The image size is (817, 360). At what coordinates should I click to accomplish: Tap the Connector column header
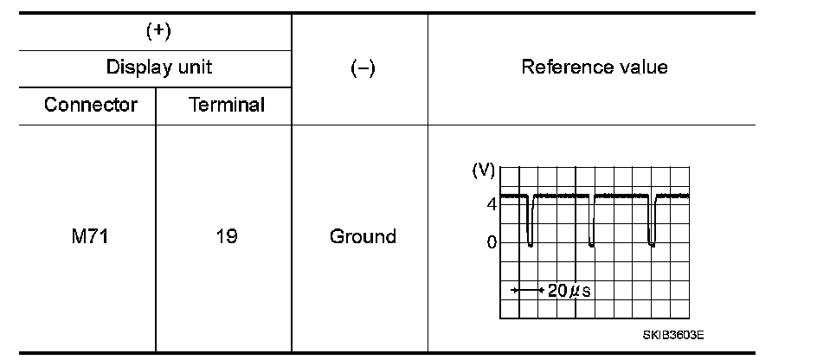tap(91, 106)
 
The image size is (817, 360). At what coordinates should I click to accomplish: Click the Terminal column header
tap(225, 106)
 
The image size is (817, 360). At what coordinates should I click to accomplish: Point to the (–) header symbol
tap(362, 69)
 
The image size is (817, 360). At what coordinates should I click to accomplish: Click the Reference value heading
tap(594, 67)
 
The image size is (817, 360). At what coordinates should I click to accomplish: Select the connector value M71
tap(90, 236)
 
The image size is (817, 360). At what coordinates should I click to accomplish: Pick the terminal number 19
tap(226, 236)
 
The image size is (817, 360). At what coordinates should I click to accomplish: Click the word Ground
tap(363, 236)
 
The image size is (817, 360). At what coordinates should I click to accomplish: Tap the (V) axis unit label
tap(482, 171)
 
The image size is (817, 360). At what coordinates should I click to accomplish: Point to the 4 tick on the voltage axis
tap(491, 205)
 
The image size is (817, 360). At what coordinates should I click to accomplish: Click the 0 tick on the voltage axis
tap(491, 243)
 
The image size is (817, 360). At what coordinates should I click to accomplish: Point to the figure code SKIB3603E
tap(672, 334)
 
